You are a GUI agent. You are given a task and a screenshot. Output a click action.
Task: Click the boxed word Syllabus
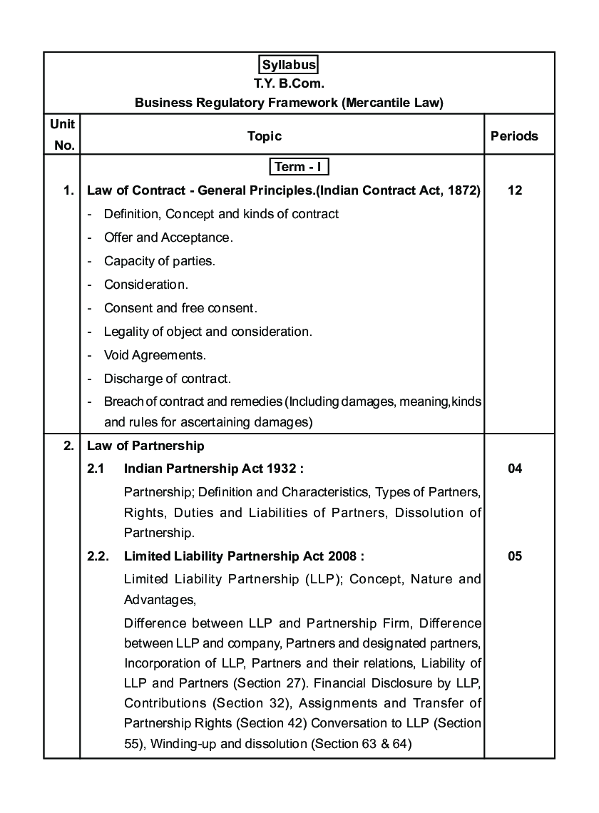point(289,65)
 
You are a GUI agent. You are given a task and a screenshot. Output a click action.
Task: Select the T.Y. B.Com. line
point(289,83)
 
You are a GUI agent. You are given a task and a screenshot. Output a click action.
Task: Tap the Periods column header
point(514,135)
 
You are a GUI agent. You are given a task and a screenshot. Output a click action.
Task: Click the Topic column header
point(265,135)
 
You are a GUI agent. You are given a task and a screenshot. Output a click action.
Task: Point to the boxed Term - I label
point(299,167)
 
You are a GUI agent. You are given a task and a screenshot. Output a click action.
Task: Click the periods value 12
point(515,190)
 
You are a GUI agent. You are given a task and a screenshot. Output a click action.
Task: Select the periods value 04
point(515,469)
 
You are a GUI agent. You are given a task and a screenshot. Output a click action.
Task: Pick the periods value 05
point(515,556)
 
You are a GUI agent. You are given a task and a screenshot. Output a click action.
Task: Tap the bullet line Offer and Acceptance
point(168,237)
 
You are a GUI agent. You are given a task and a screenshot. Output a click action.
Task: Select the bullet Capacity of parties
point(159,261)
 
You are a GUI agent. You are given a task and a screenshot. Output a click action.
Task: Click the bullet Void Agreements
point(155,355)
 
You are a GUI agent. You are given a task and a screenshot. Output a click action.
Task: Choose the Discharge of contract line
point(168,379)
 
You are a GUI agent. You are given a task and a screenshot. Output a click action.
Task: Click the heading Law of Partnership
point(145,446)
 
